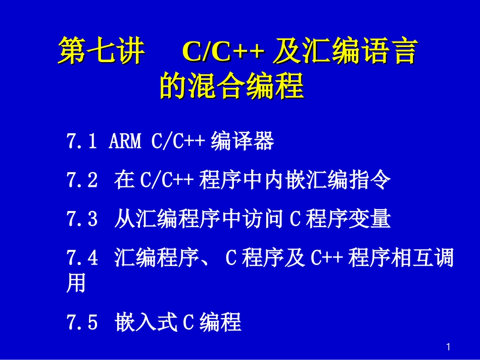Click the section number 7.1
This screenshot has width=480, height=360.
click(x=81, y=142)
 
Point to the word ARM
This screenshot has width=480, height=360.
click(x=125, y=142)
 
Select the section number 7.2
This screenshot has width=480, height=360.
click(x=81, y=180)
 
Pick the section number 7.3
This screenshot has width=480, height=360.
click(x=81, y=220)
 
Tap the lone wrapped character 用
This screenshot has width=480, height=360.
click(x=76, y=284)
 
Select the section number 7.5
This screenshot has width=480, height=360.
click(x=81, y=322)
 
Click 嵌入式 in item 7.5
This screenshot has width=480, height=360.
click(x=146, y=322)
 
